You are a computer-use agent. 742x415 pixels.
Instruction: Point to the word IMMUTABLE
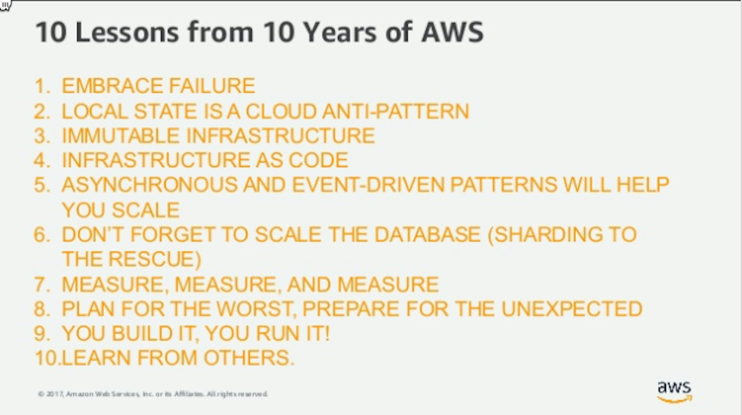[121, 136]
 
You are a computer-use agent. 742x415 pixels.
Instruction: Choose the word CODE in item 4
[318, 160]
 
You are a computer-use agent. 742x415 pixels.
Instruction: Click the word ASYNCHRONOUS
[150, 185]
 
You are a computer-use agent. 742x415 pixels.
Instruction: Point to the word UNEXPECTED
[572, 309]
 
